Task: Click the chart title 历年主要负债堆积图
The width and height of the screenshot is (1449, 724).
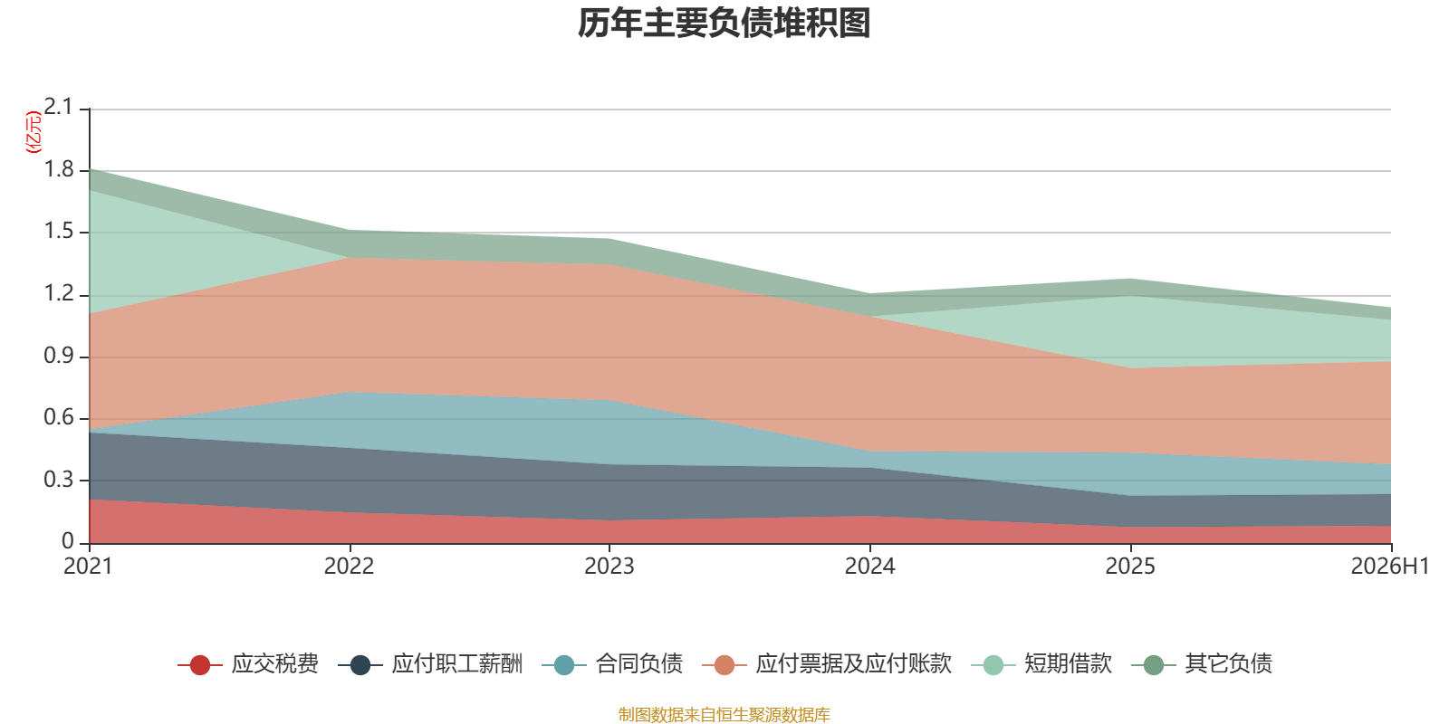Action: [x=724, y=24]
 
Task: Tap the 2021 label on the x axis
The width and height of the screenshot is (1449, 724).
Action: [x=88, y=567]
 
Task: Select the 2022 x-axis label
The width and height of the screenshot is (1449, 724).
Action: [x=350, y=567]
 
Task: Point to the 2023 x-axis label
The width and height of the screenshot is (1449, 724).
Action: [x=609, y=567]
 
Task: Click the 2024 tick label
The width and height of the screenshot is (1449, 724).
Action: [x=870, y=567]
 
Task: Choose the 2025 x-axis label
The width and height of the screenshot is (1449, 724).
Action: [x=1130, y=567]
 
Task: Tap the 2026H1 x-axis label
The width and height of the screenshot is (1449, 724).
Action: [x=1389, y=567]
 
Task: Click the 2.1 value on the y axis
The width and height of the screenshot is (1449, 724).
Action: [x=58, y=107]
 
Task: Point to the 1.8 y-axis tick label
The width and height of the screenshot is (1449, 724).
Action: [x=58, y=169]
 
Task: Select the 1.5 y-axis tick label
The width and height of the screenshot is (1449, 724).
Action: [x=58, y=232]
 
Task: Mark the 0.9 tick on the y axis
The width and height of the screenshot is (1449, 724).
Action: [x=58, y=356]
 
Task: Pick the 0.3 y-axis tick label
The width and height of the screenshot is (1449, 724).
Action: [x=58, y=480]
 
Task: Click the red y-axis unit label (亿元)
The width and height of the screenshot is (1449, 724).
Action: [x=33, y=132]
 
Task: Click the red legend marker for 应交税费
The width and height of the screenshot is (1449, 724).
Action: [x=200, y=664]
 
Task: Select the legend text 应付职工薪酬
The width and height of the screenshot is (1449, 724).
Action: [x=456, y=664]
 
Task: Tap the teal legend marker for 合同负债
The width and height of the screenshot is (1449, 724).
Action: [x=564, y=664]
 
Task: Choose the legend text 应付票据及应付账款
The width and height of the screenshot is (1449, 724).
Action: [x=854, y=664]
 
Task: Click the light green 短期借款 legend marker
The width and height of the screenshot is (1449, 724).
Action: [x=993, y=664]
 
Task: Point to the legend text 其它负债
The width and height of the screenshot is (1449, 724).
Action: [x=1228, y=664]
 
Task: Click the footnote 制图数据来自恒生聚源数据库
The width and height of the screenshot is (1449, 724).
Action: [x=724, y=714]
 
